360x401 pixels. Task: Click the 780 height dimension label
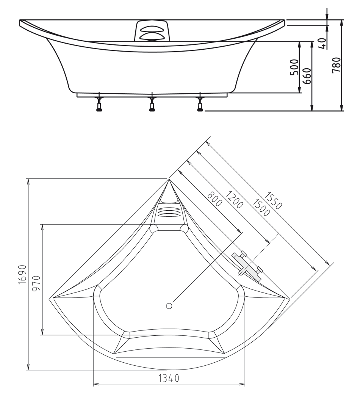336,65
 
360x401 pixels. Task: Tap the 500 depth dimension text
294,67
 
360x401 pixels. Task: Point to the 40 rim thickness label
323,43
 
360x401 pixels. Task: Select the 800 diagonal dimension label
215,199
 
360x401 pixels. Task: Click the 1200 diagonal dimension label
234,200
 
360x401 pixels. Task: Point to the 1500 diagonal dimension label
261,207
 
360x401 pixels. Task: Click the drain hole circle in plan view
169,306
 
